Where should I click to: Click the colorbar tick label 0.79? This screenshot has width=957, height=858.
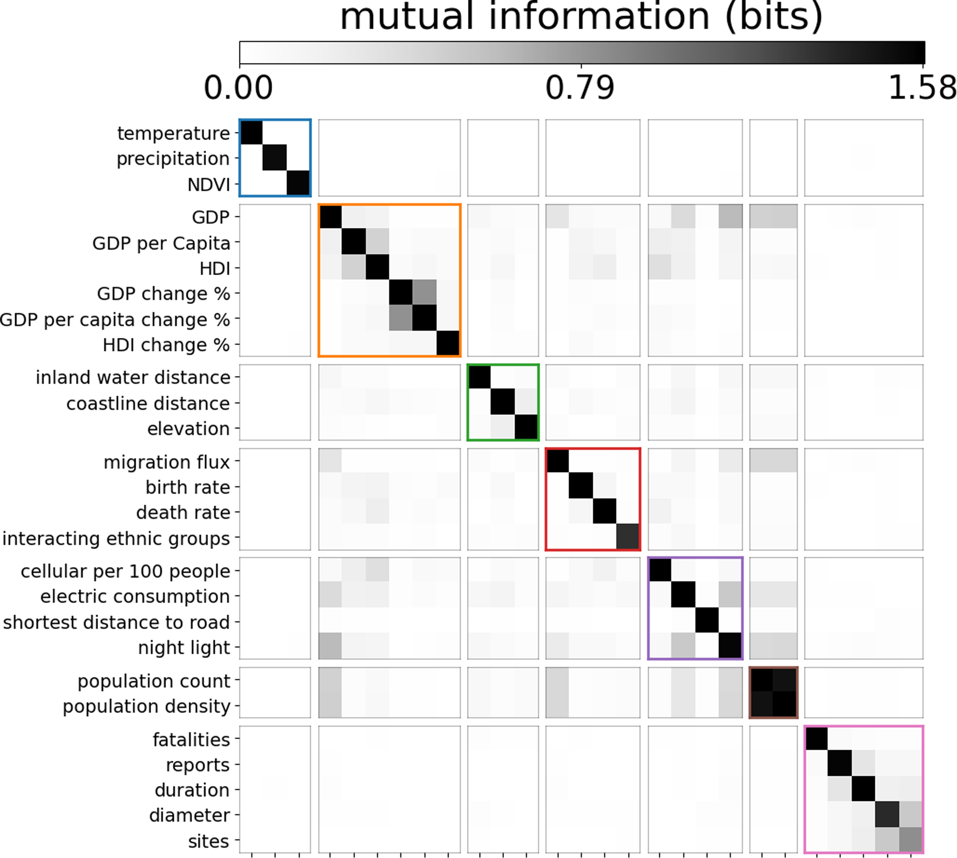coord(580,88)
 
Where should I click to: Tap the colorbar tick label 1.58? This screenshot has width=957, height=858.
coord(921,88)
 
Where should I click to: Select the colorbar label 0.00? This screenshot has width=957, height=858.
coord(238,88)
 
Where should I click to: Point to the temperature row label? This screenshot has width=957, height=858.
coord(173,134)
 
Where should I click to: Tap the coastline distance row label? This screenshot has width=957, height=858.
coord(148,404)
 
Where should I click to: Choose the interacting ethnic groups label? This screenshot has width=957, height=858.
coord(116,538)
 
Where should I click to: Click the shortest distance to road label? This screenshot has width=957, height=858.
coord(116,622)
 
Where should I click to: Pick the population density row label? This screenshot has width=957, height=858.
coord(146,706)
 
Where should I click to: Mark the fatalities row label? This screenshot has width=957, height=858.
coord(191,740)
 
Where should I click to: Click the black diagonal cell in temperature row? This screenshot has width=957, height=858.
coord(251,132)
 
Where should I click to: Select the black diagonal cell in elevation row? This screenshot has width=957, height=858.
coord(526,427)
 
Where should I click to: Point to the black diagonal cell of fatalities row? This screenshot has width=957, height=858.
coord(817,739)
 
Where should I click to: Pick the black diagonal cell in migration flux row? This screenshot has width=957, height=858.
coord(558,461)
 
